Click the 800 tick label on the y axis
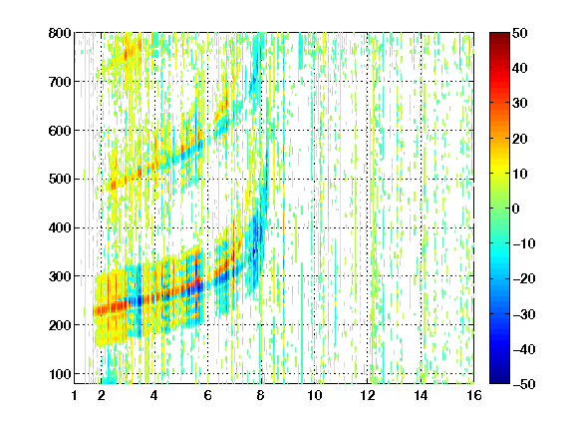pyautogui.click(x=60, y=33)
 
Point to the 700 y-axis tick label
pyautogui.click(x=60, y=82)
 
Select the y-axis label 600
pyautogui.click(x=60, y=131)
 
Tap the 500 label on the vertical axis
pyautogui.click(x=60, y=180)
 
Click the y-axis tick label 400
pyautogui.click(x=60, y=228)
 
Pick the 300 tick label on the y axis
pyautogui.click(x=60, y=276)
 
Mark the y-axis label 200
pyautogui.click(x=60, y=325)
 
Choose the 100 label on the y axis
pyautogui.click(x=60, y=374)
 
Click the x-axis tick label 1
pyautogui.click(x=75, y=395)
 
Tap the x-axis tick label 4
pyautogui.click(x=154, y=395)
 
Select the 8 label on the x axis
pyautogui.click(x=260, y=395)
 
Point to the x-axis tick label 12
pyautogui.click(x=367, y=395)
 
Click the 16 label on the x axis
pyautogui.click(x=474, y=395)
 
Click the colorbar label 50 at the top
pyautogui.click(x=519, y=33)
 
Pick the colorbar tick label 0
pyautogui.click(x=516, y=209)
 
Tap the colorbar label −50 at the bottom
pyautogui.click(x=524, y=384)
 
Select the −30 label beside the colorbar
pyautogui.click(x=524, y=314)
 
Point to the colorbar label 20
pyautogui.click(x=519, y=139)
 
